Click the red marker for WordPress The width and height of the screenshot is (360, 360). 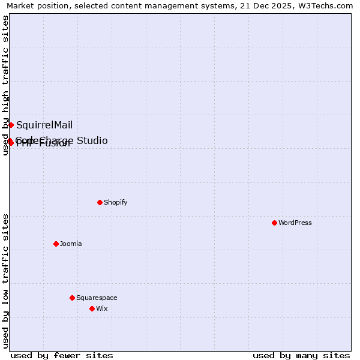(x=274, y=223)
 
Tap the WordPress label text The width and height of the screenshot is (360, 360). (x=295, y=223)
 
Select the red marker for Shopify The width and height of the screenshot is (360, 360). (x=100, y=202)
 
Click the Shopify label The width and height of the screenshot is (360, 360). (x=116, y=202)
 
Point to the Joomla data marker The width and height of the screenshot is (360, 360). (x=56, y=244)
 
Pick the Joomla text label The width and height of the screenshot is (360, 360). (x=71, y=244)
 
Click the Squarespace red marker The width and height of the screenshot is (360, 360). (x=72, y=298)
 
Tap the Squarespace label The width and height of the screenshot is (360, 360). (x=97, y=298)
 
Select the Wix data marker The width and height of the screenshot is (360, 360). (x=92, y=308)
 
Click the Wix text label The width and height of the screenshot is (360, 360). (x=101, y=308)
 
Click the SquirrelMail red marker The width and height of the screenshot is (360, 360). (x=11, y=125)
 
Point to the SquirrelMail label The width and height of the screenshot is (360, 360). (x=44, y=125)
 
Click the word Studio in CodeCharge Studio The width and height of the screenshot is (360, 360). (x=91, y=140)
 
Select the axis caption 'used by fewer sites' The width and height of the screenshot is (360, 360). (x=62, y=355)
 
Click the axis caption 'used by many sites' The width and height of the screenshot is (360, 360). (x=301, y=355)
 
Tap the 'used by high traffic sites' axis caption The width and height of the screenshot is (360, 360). (x=5, y=85)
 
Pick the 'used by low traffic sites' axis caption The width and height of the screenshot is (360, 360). (x=5, y=281)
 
